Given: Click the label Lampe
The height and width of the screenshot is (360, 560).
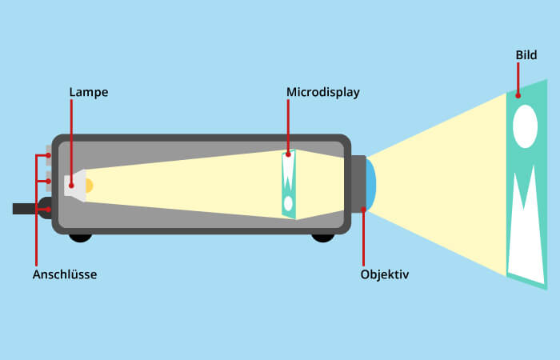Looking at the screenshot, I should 88,93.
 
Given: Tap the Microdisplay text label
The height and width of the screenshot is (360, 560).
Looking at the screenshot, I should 323,93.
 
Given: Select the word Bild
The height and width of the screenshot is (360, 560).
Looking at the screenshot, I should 526,56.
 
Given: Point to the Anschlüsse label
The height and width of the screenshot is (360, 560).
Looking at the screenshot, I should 64,274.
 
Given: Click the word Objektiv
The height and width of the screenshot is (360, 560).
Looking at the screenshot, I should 385,274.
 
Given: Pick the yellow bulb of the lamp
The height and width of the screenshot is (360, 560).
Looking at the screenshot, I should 89,186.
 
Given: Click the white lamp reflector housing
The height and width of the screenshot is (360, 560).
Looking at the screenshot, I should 74,186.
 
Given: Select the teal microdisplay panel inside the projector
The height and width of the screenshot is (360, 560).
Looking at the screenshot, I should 289,184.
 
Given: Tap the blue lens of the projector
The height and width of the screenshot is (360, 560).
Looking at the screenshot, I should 371,185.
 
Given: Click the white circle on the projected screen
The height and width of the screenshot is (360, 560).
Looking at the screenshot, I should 525,127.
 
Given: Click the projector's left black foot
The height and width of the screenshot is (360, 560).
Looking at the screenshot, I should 80,237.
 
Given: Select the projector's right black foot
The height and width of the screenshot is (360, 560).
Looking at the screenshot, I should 323,237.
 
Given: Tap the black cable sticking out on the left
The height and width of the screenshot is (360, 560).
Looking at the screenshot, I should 26,209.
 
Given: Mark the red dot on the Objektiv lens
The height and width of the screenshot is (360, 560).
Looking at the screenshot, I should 364,209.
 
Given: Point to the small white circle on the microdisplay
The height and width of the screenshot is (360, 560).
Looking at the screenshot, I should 288,202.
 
